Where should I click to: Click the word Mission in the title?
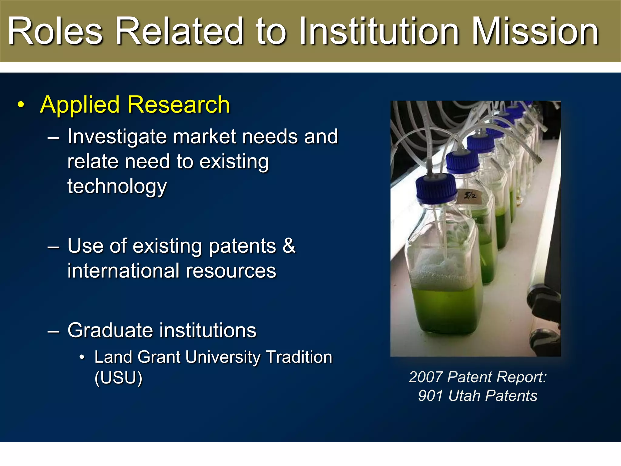(535, 32)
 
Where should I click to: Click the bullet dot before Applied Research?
(21, 105)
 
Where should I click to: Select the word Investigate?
(117, 137)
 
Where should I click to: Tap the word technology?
(117, 186)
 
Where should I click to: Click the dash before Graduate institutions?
(53, 331)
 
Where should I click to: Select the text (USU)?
(118, 378)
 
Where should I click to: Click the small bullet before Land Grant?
(82, 357)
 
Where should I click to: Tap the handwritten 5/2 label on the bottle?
(470, 196)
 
